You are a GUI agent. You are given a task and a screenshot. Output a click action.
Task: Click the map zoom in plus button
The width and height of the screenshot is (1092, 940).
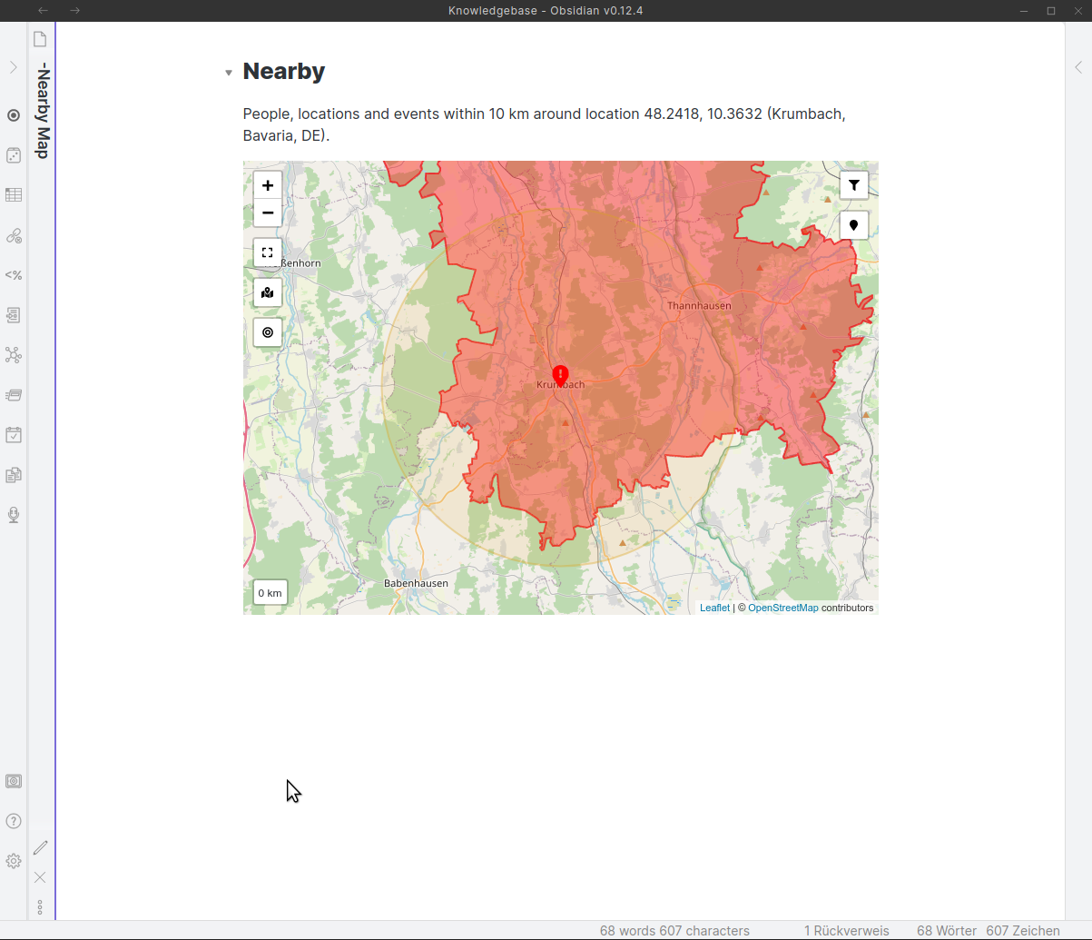click(x=268, y=185)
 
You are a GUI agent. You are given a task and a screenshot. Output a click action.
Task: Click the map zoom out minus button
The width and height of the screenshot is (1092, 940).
click(x=268, y=213)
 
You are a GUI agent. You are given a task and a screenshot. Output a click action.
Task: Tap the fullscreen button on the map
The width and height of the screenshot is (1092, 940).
click(x=268, y=252)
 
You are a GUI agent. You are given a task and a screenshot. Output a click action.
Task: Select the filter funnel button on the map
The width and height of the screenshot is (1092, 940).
click(x=854, y=185)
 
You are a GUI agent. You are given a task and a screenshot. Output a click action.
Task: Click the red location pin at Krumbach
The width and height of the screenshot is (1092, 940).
click(x=561, y=374)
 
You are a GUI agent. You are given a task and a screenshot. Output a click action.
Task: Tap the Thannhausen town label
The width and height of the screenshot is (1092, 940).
click(x=699, y=306)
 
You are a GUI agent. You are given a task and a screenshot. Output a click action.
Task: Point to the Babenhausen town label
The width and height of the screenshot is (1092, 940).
click(x=416, y=583)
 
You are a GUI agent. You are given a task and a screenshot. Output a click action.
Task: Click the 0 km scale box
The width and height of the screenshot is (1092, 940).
click(x=271, y=593)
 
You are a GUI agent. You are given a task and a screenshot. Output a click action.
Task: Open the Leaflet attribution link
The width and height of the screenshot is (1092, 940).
click(x=714, y=608)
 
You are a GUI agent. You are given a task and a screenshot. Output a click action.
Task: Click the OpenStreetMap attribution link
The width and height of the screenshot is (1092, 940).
click(x=782, y=608)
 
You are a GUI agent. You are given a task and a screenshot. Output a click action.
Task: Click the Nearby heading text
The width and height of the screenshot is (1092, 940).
click(x=284, y=71)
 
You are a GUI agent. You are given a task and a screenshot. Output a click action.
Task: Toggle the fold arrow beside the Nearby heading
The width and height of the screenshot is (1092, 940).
click(x=229, y=73)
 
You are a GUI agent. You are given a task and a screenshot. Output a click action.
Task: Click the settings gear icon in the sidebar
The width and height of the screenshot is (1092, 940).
click(x=14, y=861)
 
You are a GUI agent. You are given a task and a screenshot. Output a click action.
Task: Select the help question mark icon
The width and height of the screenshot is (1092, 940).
click(x=14, y=821)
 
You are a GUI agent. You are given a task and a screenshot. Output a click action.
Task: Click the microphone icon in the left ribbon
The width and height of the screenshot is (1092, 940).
click(x=14, y=515)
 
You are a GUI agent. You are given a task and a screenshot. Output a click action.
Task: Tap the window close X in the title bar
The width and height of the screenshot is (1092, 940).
click(x=1077, y=11)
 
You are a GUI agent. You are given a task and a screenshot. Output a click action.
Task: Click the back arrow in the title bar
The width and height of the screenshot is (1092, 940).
click(x=44, y=11)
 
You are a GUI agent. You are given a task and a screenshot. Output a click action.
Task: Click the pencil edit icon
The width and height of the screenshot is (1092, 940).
click(x=41, y=847)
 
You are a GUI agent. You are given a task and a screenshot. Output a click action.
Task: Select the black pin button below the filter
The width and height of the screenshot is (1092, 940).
click(x=854, y=225)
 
